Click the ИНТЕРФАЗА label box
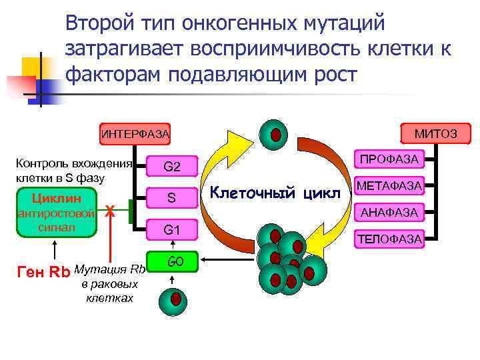point(135,134)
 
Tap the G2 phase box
point(172,167)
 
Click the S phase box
point(172,198)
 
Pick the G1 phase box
point(172,230)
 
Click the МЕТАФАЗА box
point(389,186)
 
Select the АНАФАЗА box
point(389,212)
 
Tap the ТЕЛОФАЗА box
point(389,238)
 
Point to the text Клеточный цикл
point(275,194)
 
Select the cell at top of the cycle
point(274,135)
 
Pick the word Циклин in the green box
point(57,198)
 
